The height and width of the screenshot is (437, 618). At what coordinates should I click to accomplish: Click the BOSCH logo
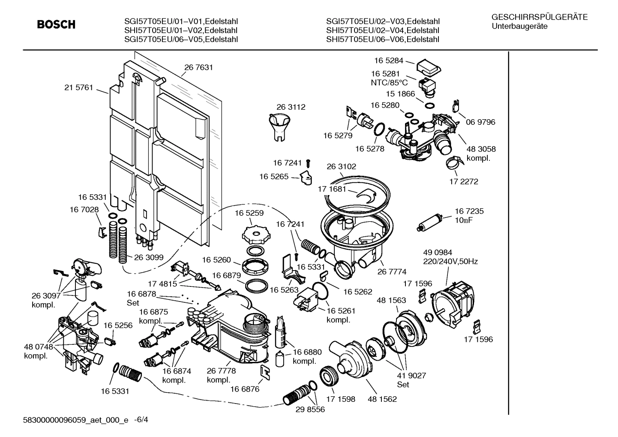[x=56, y=24]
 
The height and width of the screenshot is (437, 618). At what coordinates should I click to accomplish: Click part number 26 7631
[x=198, y=67]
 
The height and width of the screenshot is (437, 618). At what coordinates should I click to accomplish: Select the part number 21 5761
[x=78, y=87]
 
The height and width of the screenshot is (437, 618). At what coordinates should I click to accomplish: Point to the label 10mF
[x=464, y=220]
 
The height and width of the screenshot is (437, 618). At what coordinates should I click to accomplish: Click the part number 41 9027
[x=411, y=376]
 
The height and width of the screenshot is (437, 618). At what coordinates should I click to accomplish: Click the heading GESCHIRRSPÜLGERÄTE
[x=540, y=17]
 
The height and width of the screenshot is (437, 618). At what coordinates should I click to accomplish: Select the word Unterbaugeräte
[x=520, y=26]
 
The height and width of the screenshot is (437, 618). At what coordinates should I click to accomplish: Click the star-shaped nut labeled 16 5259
[x=255, y=234]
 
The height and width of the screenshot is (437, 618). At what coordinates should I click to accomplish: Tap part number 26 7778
[x=221, y=371]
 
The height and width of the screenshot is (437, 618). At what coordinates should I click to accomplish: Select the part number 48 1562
[x=382, y=399]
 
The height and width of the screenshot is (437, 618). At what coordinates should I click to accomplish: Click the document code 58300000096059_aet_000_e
[x=75, y=420]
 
